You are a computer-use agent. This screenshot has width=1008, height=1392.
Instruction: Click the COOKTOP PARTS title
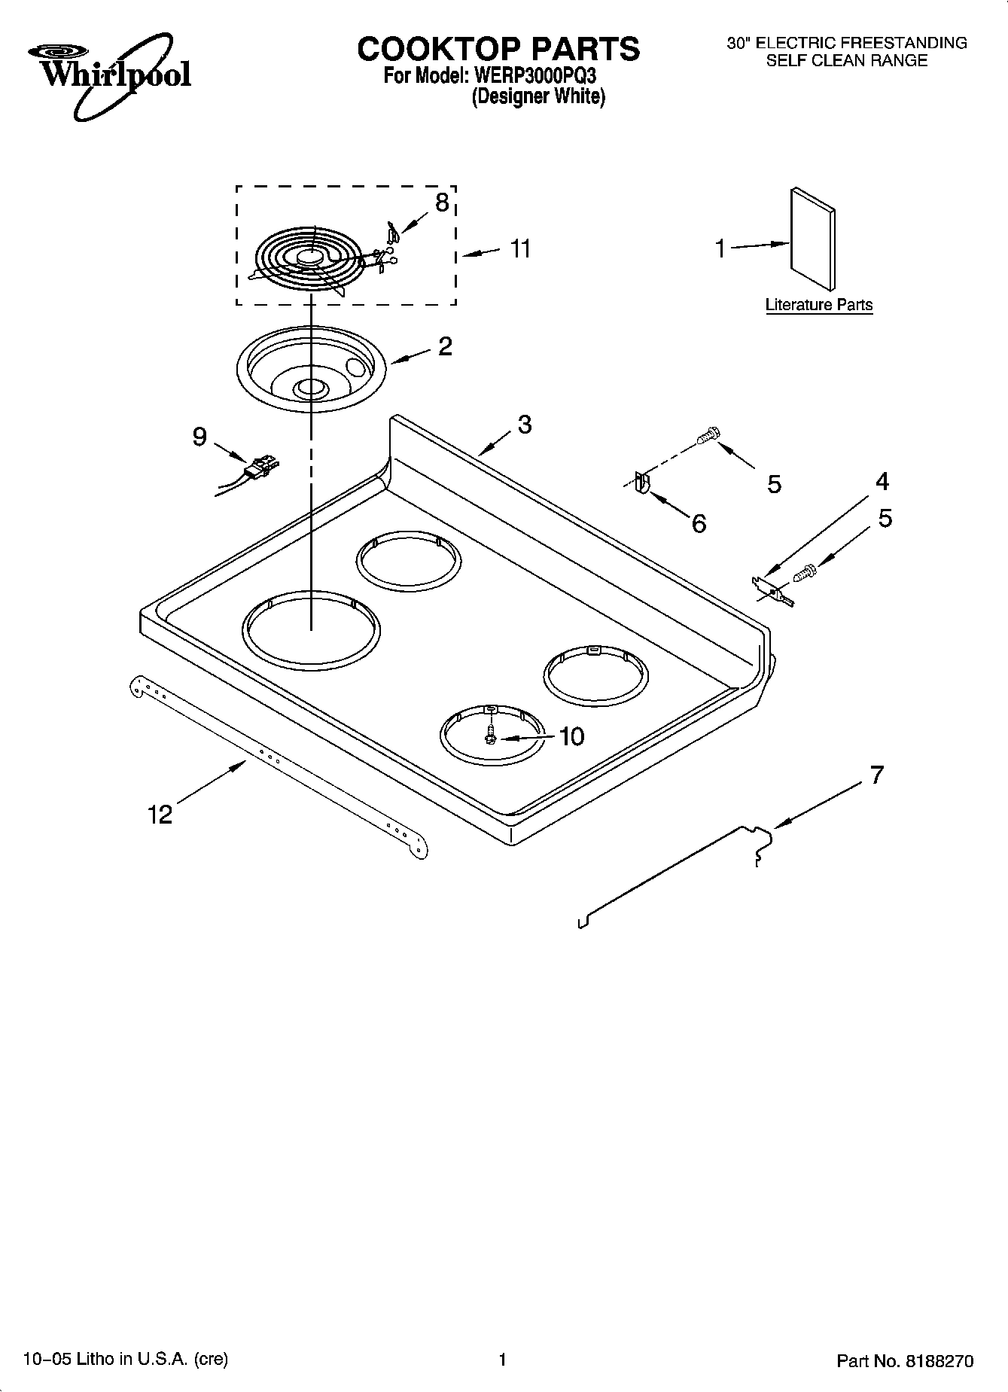(498, 49)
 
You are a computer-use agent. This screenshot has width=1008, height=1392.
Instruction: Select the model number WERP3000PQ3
(535, 76)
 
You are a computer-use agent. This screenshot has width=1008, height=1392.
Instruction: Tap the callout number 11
(520, 248)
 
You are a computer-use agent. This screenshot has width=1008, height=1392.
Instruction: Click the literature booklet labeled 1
(812, 239)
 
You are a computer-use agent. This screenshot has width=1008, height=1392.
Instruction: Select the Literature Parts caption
(818, 305)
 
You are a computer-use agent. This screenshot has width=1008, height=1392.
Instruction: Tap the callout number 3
(525, 425)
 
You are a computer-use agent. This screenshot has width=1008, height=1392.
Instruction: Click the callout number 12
(160, 814)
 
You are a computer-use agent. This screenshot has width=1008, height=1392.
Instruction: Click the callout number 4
(882, 481)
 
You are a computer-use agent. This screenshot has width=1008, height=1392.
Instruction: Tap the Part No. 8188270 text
(905, 1361)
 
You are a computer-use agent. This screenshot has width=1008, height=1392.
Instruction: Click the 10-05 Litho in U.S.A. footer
(126, 1359)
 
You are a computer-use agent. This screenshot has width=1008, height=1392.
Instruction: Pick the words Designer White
(538, 97)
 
